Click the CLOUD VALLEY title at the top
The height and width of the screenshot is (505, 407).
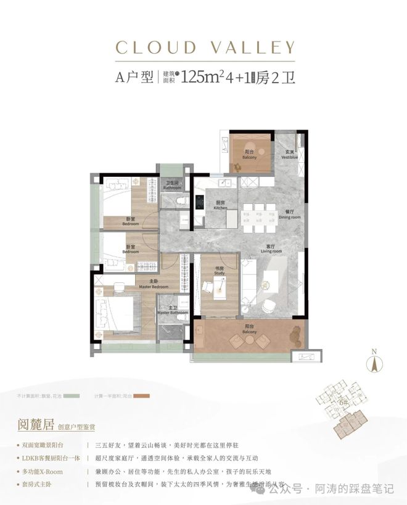pos(203,47)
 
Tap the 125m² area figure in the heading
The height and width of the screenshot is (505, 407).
pos(203,78)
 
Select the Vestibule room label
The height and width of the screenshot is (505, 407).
pos(291,156)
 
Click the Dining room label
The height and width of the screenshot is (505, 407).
pos(288,215)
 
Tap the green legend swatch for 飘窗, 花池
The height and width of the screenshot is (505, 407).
pos(73,395)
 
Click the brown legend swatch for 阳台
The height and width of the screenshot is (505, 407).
pos(144,395)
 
